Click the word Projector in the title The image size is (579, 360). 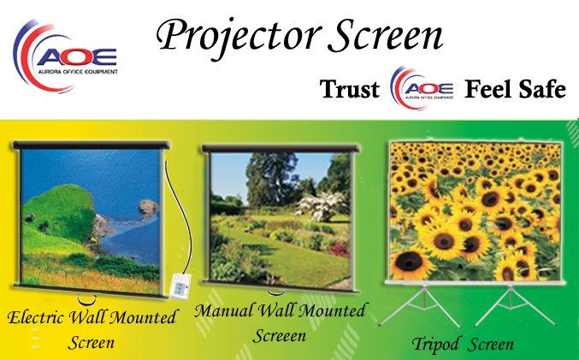(x=238, y=37)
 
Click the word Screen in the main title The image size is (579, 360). (x=386, y=35)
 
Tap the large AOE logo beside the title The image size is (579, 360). (x=65, y=56)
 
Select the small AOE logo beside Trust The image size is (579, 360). (x=422, y=88)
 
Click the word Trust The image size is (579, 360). (x=350, y=89)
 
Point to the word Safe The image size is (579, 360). (x=542, y=89)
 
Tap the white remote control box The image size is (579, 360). (x=180, y=286)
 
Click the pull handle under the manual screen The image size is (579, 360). (x=276, y=293)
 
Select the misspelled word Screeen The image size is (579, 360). (x=280, y=336)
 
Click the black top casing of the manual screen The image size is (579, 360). (x=281, y=149)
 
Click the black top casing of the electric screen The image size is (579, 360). (x=92, y=145)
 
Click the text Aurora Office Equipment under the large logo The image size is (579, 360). (x=78, y=72)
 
